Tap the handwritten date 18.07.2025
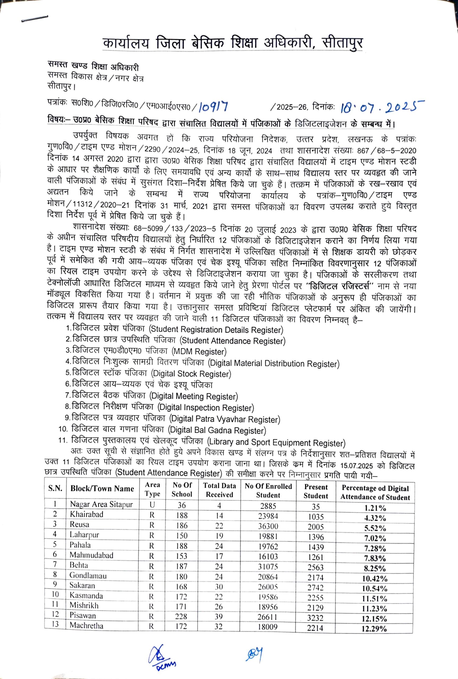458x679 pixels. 382,107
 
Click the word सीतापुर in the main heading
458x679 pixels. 342,43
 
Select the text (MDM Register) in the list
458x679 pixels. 199,352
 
